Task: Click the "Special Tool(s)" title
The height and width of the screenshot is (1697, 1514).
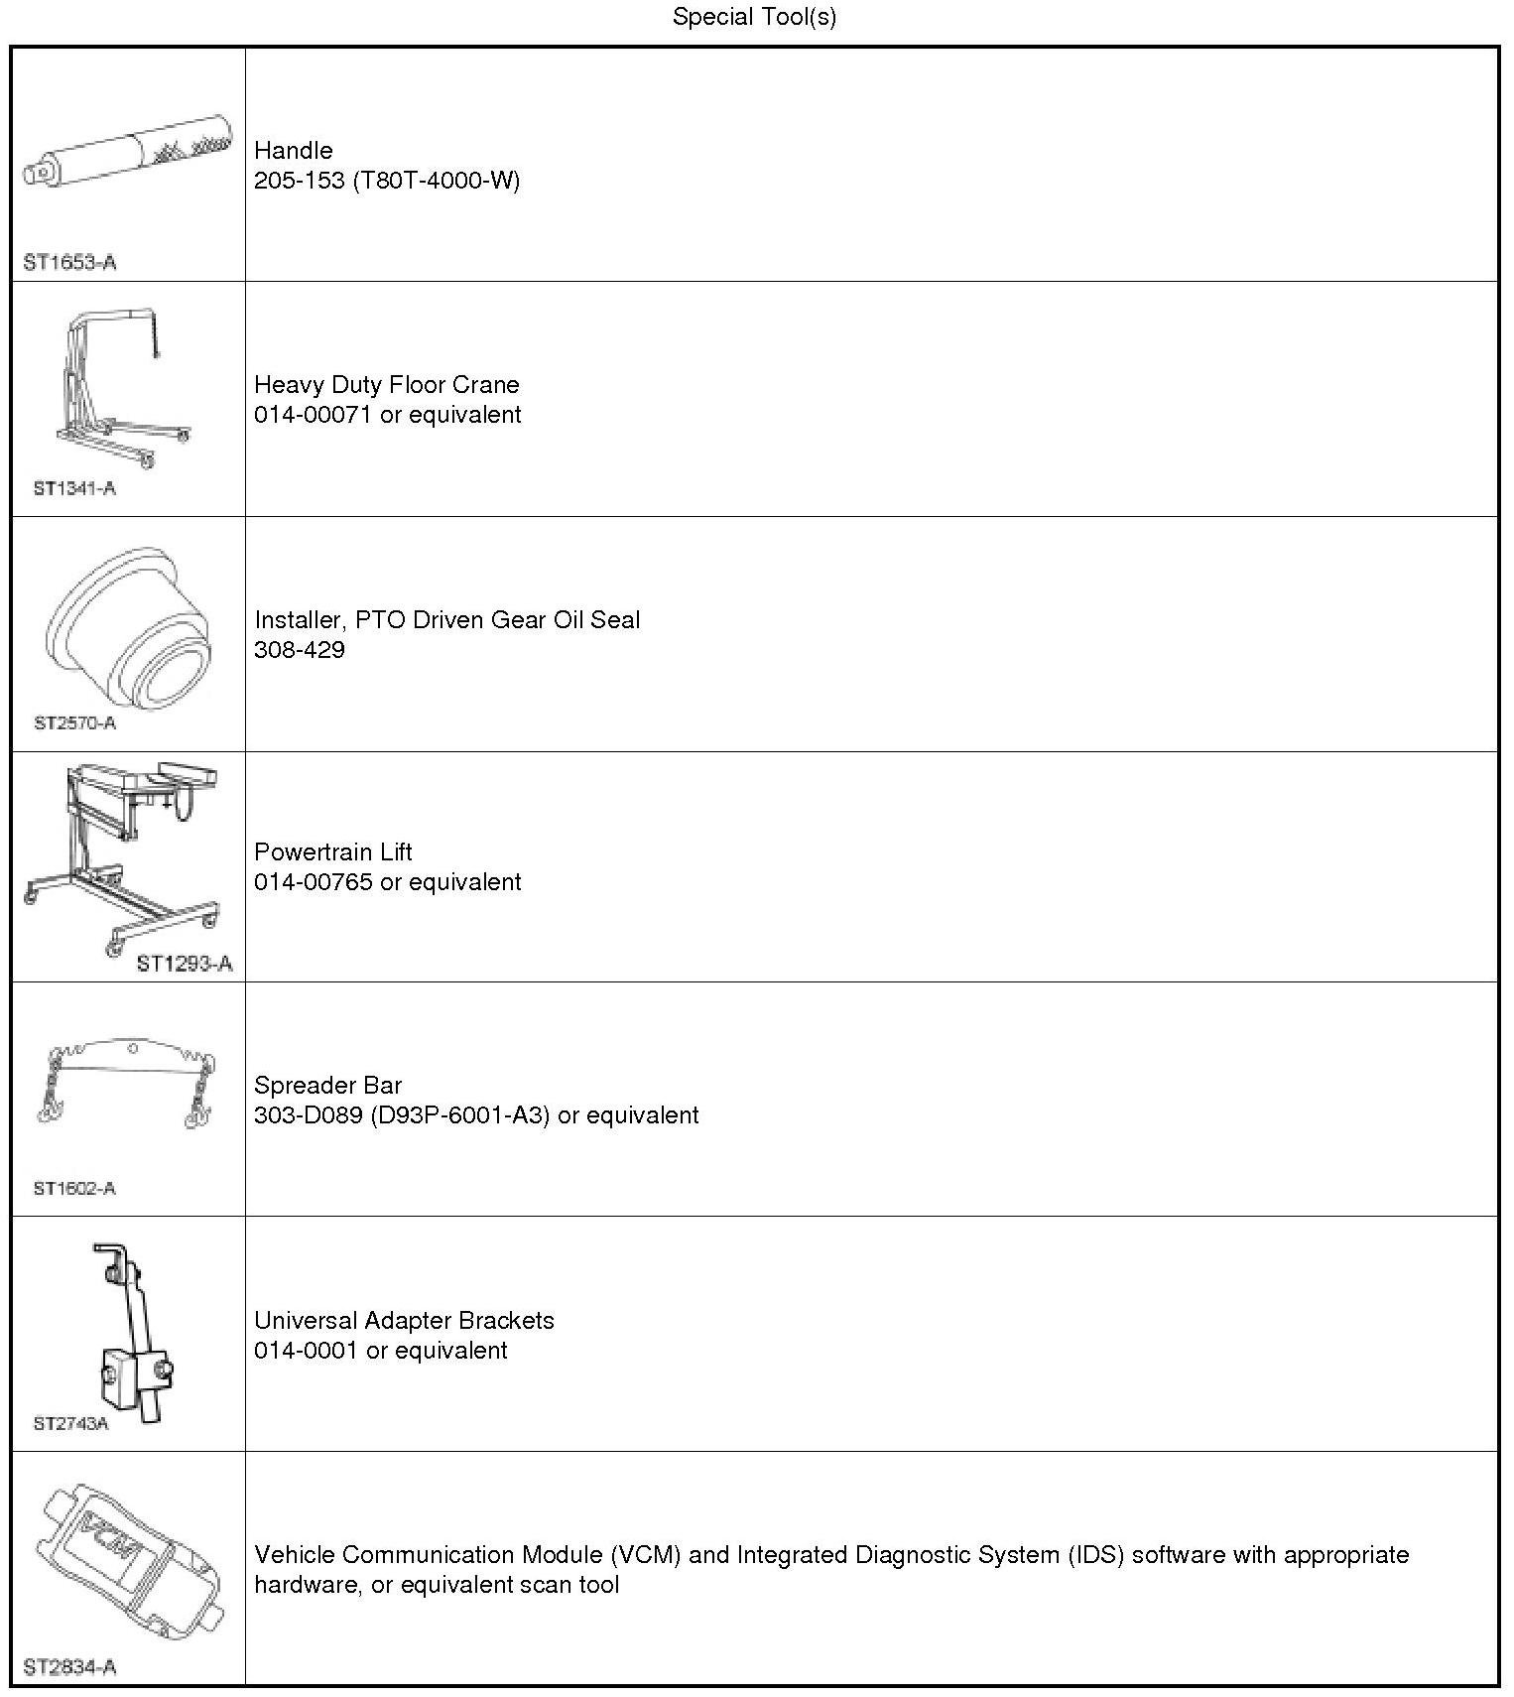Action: (x=754, y=17)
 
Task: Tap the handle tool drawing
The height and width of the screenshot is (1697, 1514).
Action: (x=129, y=154)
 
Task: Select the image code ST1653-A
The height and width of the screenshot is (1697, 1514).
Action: (x=69, y=263)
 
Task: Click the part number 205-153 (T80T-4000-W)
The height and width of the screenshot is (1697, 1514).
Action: (x=387, y=180)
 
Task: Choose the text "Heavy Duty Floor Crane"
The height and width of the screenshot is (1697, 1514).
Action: (x=386, y=384)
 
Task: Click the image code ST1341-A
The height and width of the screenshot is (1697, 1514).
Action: (x=74, y=488)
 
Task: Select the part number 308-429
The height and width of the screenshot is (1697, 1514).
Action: (x=300, y=650)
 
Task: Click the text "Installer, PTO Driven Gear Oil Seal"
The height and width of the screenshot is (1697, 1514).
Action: (x=446, y=620)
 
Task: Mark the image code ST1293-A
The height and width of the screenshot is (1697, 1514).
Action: (x=185, y=964)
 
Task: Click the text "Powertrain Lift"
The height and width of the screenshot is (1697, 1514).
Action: (x=332, y=851)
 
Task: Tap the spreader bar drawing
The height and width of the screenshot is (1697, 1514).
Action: (x=127, y=1082)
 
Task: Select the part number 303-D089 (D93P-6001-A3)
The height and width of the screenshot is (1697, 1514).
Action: (x=401, y=1115)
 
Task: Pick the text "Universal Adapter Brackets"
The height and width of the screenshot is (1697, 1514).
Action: (x=404, y=1321)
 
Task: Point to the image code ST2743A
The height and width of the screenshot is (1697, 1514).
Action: (x=70, y=1424)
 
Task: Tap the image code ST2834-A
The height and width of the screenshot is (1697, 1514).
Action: (x=69, y=1667)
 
